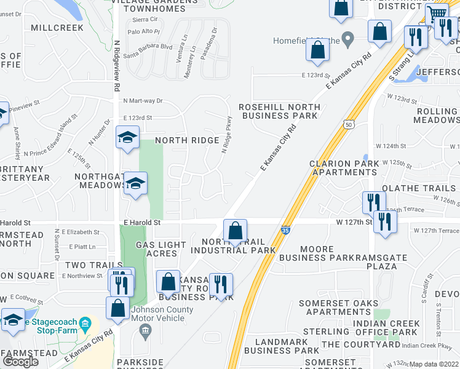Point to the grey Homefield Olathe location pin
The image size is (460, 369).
[347, 41]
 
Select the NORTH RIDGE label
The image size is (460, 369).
[187, 141]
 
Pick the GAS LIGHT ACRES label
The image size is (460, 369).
[161, 249]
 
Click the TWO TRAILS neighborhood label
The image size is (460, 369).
[85, 265]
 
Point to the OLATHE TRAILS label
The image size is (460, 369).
[420, 188]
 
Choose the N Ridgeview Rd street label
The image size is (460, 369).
[116, 65]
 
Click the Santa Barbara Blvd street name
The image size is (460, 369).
[148, 47]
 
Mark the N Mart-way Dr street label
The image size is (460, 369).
[143, 100]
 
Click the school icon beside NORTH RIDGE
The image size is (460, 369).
[127, 138]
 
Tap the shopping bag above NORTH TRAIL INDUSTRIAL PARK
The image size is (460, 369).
[235, 231]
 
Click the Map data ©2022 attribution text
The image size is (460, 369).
[434, 364]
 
